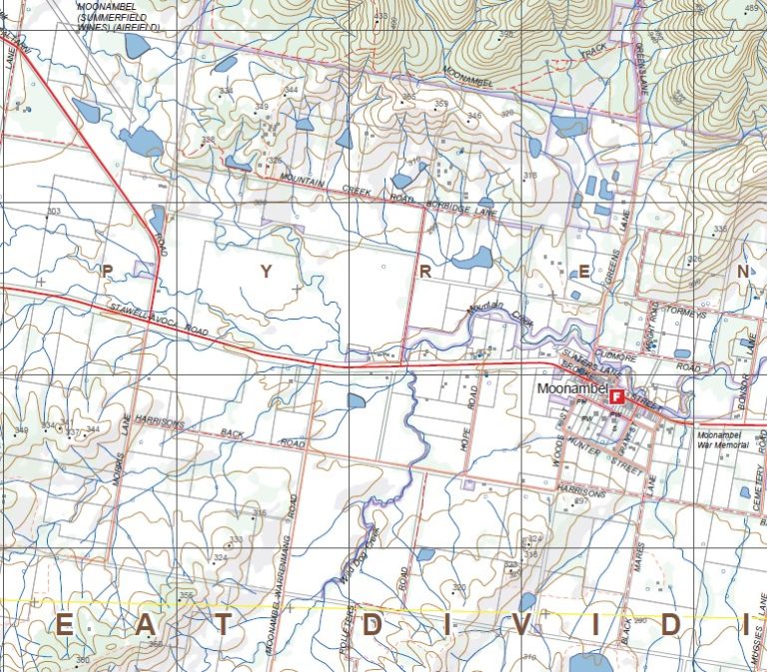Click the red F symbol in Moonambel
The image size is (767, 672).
tap(617, 396)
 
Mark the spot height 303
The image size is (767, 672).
tap(54, 211)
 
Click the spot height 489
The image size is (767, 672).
tap(752, 9)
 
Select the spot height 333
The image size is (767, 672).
tap(236, 539)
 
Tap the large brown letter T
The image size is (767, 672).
tap(224, 626)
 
